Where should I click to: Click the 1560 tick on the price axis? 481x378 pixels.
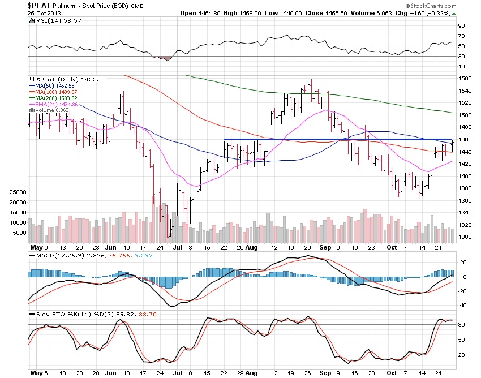coord(466,78)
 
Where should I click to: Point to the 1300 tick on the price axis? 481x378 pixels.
coord(466,237)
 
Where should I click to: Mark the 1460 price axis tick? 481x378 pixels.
coord(466,139)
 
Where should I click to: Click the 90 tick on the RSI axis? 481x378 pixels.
coord(462,26)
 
